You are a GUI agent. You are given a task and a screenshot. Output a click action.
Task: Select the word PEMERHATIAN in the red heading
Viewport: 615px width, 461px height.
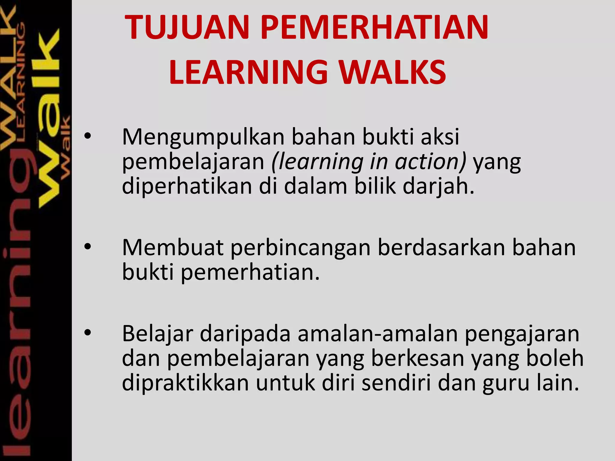pyautogui.click(x=374, y=28)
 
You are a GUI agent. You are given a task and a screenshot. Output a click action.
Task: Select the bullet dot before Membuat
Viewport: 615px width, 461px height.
pyautogui.click(x=87, y=247)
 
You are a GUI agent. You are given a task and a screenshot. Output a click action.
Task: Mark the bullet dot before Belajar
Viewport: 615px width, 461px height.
pyautogui.click(x=87, y=333)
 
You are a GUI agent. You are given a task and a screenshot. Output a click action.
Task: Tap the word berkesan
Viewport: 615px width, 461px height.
pyautogui.click(x=417, y=359)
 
